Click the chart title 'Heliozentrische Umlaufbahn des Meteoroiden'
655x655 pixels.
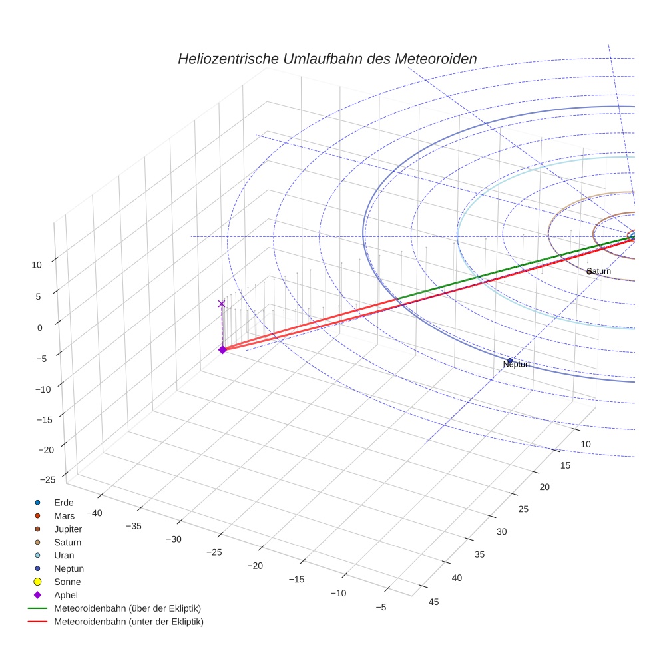tap(327, 59)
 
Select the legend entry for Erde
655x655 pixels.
tap(64, 502)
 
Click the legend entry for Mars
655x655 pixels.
tap(64, 515)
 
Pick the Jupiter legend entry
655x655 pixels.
tap(67, 529)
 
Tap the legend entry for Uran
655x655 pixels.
tap(64, 555)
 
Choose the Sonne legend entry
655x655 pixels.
tap(67, 582)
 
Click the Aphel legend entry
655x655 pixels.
tap(65, 595)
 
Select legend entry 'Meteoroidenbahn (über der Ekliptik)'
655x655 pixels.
tap(127, 608)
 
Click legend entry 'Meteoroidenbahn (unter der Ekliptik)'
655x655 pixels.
tap(128, 622)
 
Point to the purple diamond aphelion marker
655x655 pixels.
tap(222, 349)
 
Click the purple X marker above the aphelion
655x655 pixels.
tap(222, 304)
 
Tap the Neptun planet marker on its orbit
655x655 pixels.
tap(510, 361)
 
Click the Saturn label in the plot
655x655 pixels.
tap(598, 271)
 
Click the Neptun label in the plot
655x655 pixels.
tap(517, 365)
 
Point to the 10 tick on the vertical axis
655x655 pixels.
tap(36, 264)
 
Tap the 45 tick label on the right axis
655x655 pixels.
tap(434, 602)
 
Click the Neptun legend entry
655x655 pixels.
tap(69, 568)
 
